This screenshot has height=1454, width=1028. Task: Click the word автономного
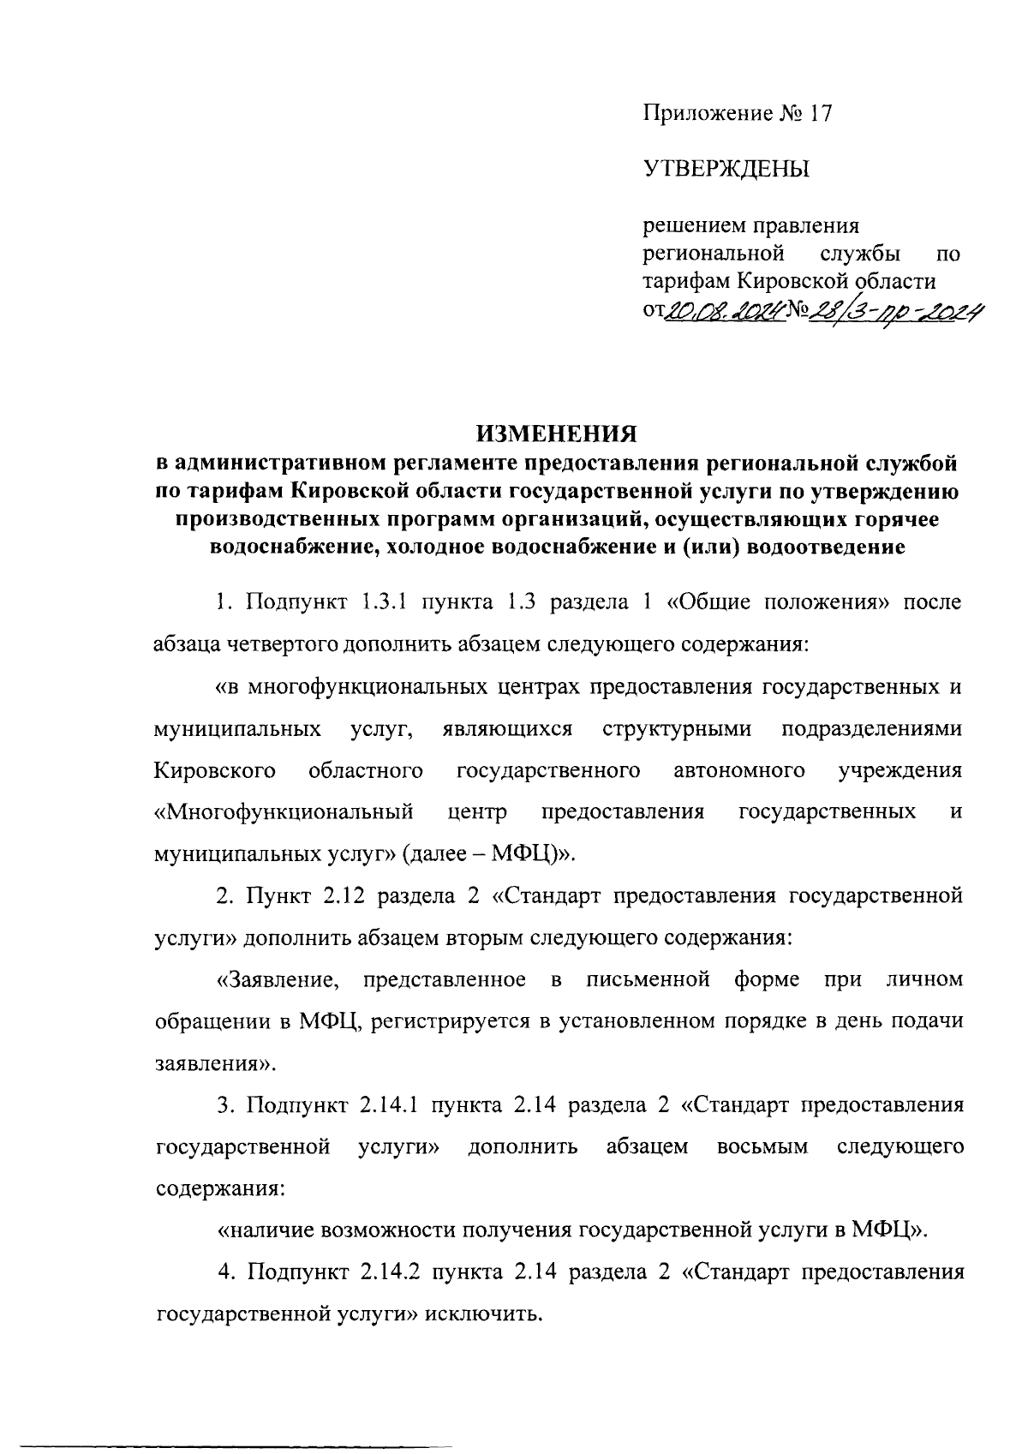(x=739, y=770)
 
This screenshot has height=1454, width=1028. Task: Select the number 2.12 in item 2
(x=342, y=896)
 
